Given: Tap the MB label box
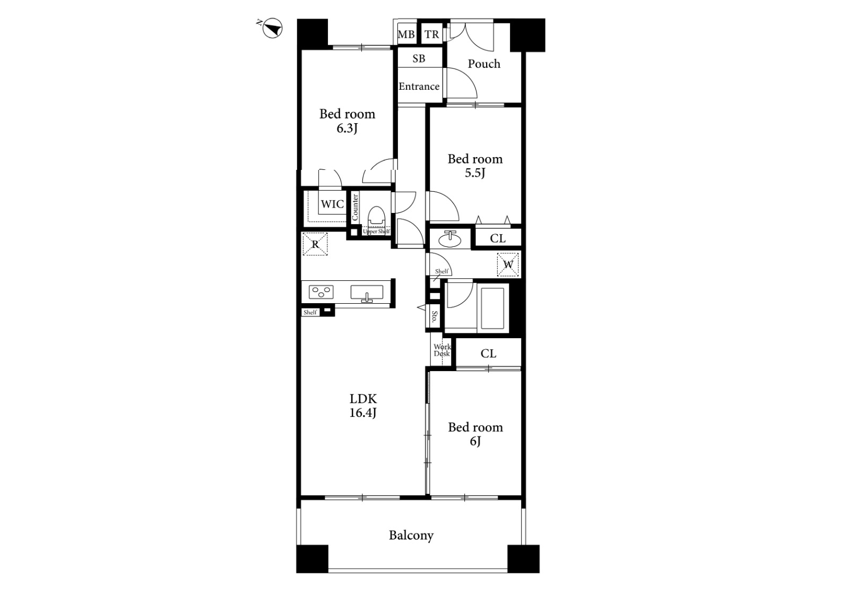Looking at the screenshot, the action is tap(406, 35).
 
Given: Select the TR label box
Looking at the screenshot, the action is tap(432, 35).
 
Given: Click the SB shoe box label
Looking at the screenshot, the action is tap(419, 58).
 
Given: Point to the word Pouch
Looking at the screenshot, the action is tap(484, 64).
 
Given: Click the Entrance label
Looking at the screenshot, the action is tap(419, 87).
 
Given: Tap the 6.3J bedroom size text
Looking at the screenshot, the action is tap(347, 128).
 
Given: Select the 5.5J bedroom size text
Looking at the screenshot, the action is tap(475, 173).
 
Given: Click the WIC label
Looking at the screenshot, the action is tap(332, 204).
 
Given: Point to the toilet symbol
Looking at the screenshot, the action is tap(376, 217).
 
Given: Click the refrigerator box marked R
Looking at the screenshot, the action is tap(315, 244).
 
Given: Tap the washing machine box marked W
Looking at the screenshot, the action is tap(508, 264).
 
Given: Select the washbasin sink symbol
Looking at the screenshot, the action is tap(451, 239).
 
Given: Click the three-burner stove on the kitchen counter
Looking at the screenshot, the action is tap(322, 292).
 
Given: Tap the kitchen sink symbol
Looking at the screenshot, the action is tap(367, 293).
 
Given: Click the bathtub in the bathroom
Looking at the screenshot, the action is tap(493, 308).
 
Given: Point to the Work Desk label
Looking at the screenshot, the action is tap(442, 350).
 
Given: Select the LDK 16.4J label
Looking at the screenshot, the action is tap(363, 406).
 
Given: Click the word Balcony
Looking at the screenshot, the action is tap(411, 536).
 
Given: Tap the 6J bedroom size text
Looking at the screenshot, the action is tap(475, 441).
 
